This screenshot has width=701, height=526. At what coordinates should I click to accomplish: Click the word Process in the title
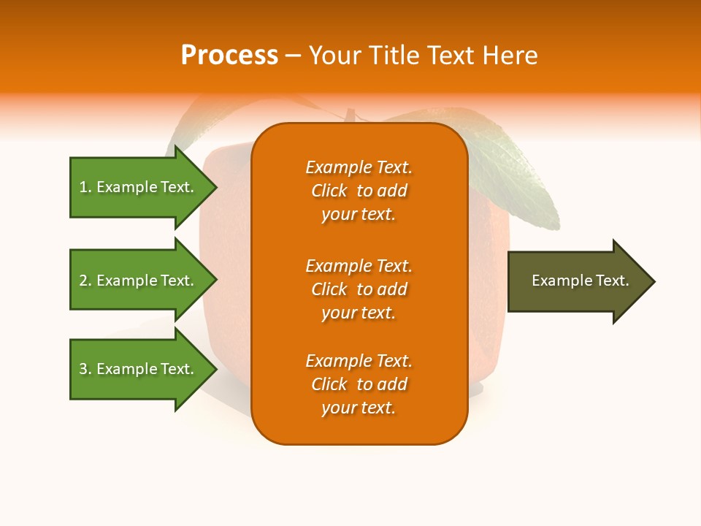(229, 55)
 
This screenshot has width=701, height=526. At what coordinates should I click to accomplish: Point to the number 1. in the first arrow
(85, 187)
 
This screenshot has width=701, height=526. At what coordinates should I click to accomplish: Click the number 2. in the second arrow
(85, 281)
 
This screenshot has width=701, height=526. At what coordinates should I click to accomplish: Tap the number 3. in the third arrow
(85, 369)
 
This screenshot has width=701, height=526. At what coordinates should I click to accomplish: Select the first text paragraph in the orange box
(359, 191)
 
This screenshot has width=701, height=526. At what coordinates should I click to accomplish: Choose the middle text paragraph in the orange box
(359, 289)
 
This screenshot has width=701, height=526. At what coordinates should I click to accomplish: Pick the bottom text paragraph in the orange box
(359, 384)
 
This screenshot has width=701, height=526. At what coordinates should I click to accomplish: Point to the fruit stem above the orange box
(350, 115)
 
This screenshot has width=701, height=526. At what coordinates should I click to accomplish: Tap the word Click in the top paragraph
(329, 191)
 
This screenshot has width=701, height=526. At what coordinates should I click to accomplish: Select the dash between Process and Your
(293, 56)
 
